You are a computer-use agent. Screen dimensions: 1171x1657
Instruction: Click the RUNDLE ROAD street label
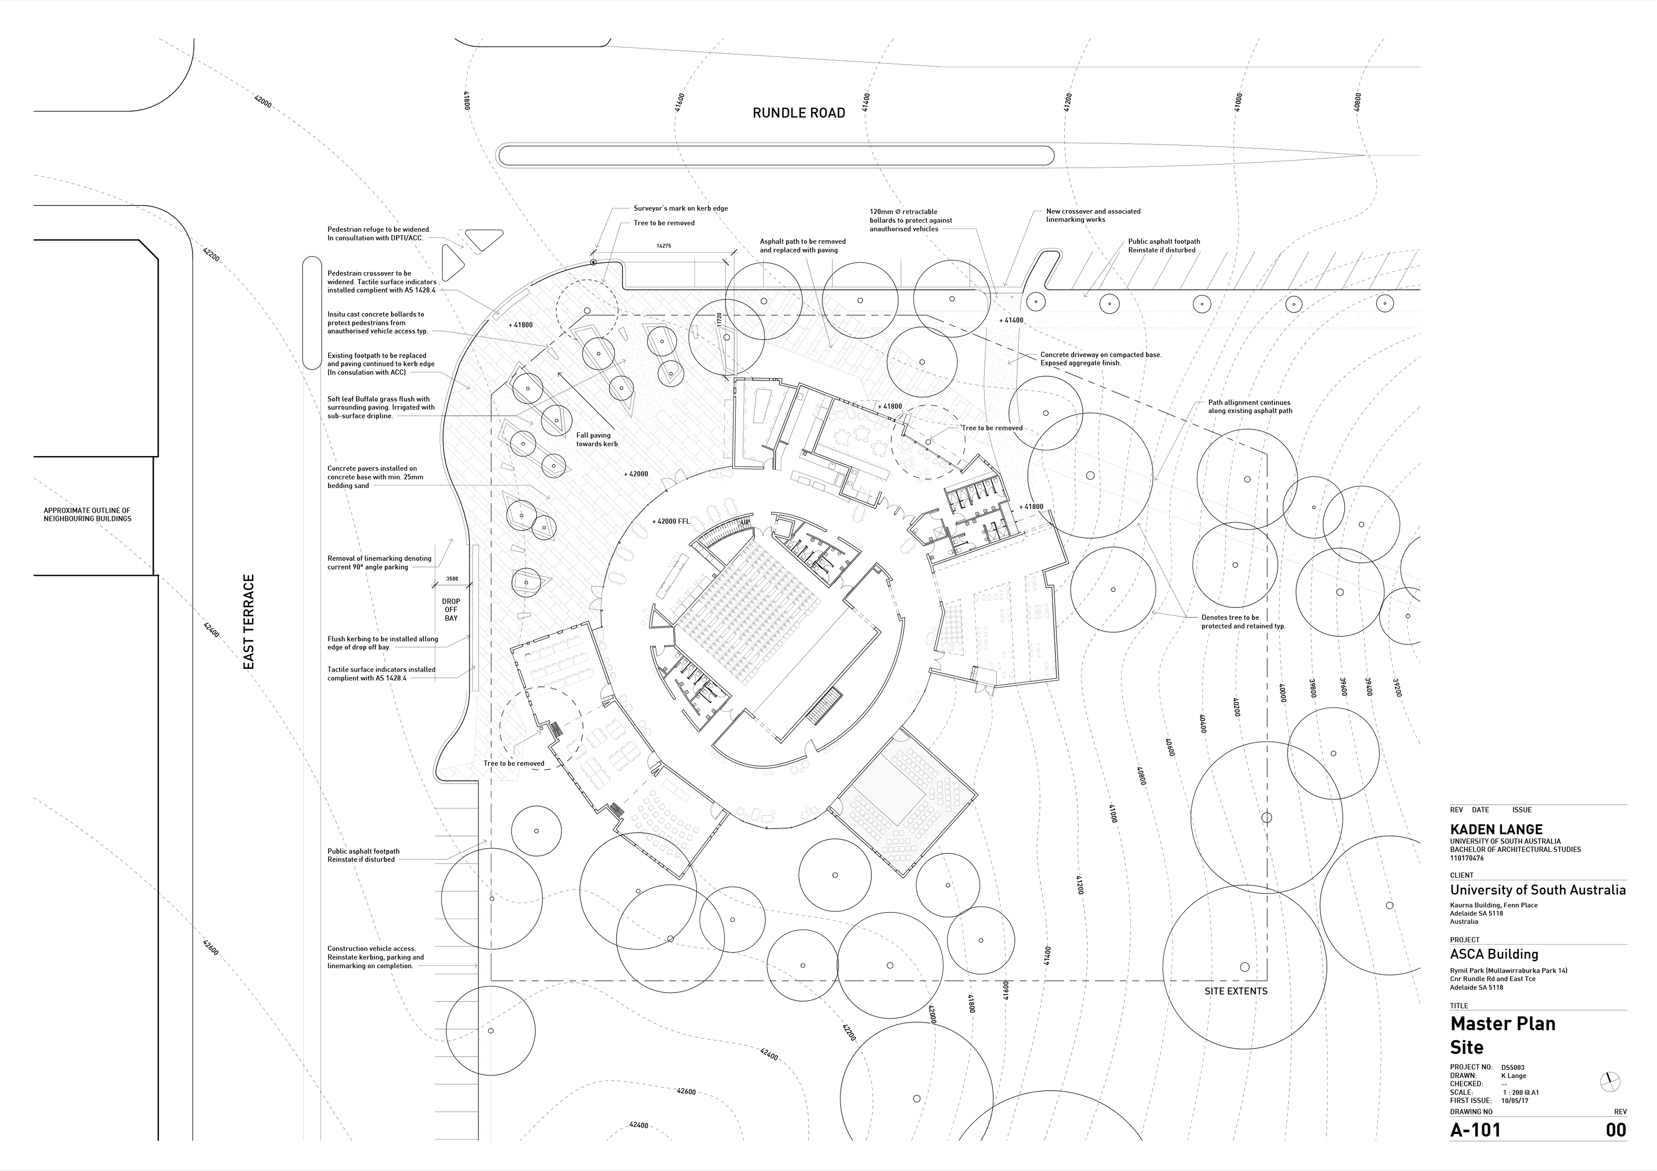point(798,113)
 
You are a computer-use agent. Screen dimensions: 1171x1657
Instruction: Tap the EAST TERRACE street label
point(249,622)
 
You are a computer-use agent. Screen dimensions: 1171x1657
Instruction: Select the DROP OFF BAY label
point(451,610)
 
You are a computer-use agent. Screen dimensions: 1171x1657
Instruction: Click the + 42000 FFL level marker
point(671,521)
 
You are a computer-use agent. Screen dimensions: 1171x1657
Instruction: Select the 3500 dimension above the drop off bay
point(452,579)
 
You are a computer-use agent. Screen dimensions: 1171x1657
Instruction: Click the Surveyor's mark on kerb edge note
point(680,208)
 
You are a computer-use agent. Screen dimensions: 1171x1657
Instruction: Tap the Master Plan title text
point(1503,1024)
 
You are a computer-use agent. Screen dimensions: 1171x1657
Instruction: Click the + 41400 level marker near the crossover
point(1011,320)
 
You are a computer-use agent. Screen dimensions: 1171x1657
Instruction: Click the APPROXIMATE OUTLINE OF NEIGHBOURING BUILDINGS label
point(87,514)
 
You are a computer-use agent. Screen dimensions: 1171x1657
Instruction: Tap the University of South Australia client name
point(1537,891)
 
